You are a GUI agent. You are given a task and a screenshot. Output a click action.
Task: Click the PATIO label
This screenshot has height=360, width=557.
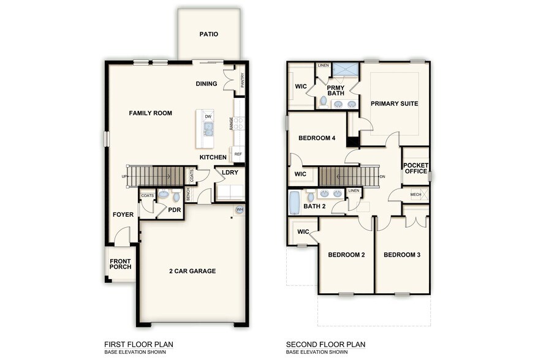[x=208, y=34]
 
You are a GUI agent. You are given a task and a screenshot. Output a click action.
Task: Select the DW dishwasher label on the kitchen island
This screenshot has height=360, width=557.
[x=208, y=116]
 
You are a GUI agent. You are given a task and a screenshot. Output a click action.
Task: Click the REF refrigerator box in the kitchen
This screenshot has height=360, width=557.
[x=238, y=154]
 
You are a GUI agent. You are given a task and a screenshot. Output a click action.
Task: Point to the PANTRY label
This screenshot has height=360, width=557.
[x=243, y=80]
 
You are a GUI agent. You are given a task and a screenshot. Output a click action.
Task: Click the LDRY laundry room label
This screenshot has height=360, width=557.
[x=230, y=173]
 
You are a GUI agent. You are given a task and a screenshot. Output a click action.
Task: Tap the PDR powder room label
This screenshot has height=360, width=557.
[x=175, y=209]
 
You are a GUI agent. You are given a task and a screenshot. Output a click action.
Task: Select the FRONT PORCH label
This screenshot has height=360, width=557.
[x=120, y=264]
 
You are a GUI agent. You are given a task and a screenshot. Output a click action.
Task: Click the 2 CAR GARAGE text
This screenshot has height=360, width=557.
[x=192, y=271]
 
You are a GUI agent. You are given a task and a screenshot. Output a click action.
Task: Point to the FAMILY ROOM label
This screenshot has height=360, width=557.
[x=150, y=113]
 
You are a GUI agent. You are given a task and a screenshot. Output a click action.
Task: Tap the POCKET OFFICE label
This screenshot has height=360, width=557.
[x=415, y=168]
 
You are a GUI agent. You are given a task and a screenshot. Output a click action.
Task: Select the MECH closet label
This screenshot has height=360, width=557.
[x=415, y=195]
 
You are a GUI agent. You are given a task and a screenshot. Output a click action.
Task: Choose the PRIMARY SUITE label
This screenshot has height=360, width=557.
[x=394, y=103]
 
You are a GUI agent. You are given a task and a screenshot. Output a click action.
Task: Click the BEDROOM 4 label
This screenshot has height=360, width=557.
[x=317, y=138]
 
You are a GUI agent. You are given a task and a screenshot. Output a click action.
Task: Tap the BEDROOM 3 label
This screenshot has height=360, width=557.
[x=403, y=255]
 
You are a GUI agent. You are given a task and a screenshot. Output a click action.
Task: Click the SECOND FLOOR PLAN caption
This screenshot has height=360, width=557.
[x=325, y=345]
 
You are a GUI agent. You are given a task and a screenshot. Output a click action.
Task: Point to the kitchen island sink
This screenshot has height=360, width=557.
[x=208, y=129]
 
